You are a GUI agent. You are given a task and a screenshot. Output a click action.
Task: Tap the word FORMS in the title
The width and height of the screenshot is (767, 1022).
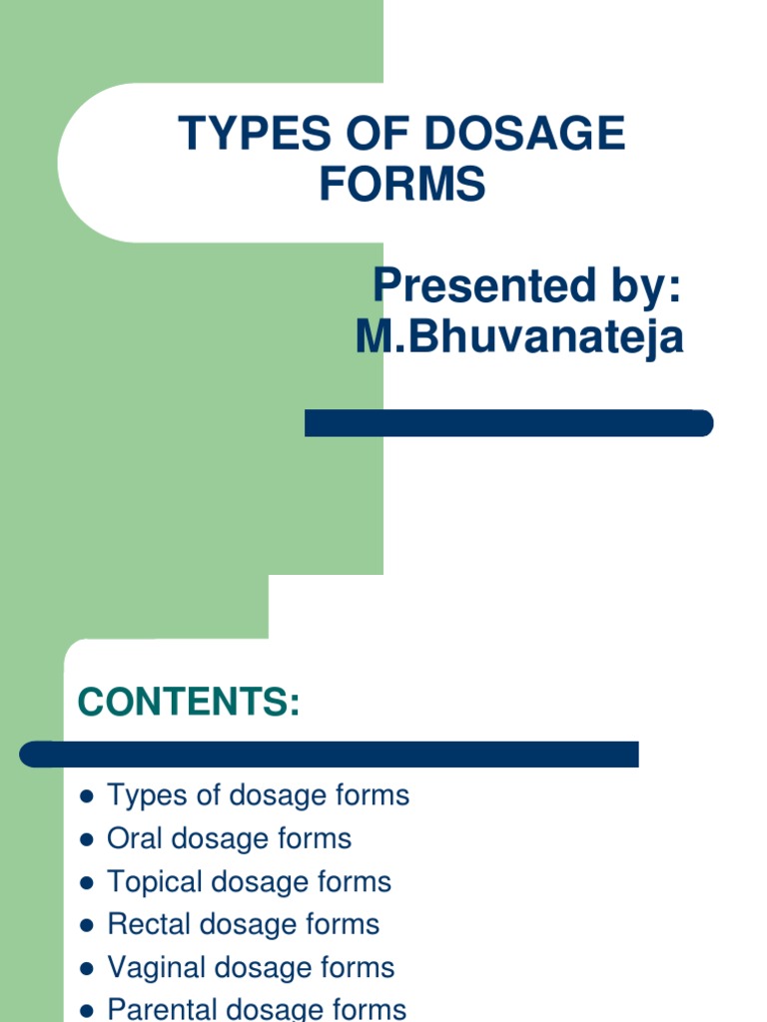pos(402,185)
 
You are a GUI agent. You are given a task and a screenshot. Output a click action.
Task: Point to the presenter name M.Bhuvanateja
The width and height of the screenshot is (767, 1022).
pos(519,337)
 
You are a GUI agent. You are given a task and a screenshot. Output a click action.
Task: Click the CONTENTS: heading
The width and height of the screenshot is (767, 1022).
pos(189,703)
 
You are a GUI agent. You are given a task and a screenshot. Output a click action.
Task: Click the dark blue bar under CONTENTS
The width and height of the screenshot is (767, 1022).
pos(330,754)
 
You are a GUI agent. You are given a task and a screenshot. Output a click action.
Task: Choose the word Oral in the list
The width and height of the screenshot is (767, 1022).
pos(136,839)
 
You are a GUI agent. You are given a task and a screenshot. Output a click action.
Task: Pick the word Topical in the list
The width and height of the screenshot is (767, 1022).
pos(155,882)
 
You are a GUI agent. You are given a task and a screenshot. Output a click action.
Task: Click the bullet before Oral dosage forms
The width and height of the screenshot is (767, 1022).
pos(86,840)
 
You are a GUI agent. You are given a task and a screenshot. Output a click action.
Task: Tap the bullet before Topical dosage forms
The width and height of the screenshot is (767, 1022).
pos(86,883)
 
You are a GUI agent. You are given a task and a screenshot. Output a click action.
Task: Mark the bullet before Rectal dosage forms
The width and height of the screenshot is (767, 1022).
pos(86,926)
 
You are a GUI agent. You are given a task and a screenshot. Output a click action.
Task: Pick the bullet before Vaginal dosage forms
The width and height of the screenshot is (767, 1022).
pos(86,969)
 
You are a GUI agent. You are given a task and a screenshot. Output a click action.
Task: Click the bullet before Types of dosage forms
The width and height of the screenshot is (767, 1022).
pos(86,797)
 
